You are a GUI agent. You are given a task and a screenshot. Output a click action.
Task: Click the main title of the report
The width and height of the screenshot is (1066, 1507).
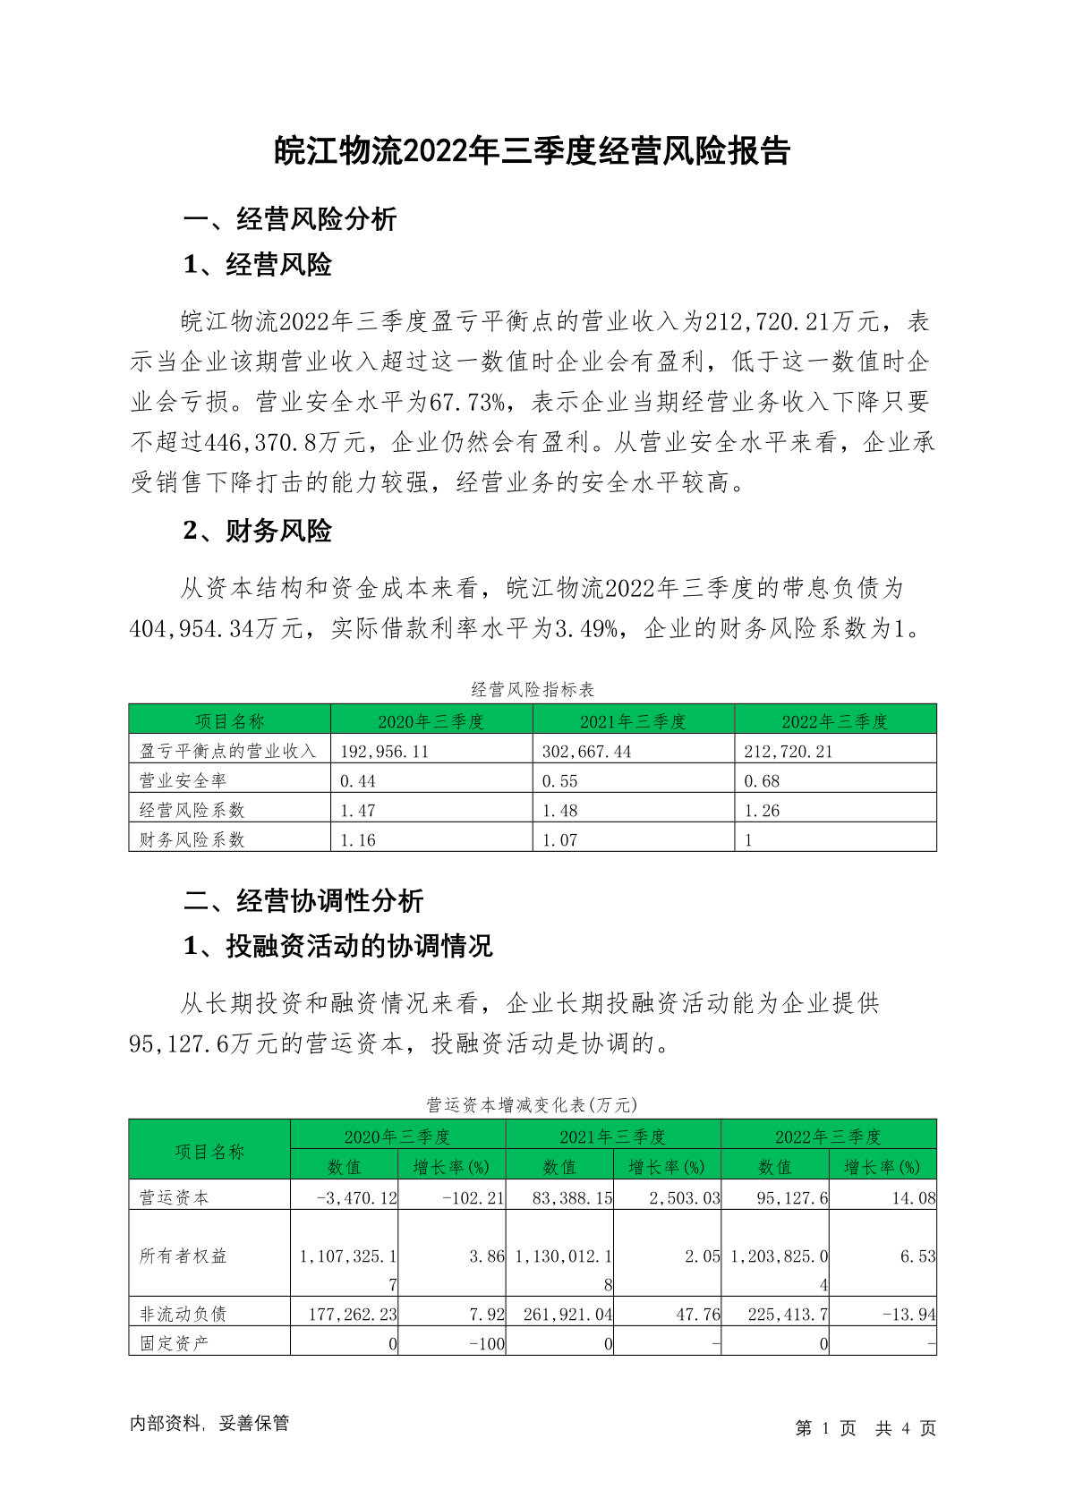(x=532, y=151)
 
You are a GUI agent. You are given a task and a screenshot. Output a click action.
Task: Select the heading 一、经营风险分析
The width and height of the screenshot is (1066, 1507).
(x=289, y=218)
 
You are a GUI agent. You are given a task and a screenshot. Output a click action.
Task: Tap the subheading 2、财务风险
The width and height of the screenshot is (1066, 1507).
(x=257, y=531)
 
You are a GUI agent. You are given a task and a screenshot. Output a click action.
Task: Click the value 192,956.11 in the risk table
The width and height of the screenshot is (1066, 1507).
(x=385, y=752)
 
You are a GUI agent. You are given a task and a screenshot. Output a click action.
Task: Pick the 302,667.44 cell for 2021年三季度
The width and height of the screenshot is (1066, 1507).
(x=586, y=752)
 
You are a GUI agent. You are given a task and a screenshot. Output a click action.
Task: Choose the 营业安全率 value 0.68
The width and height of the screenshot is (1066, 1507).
(x=762, y=781)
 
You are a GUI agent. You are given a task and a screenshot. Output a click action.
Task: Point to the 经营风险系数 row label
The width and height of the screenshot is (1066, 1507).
(x=192, y=810)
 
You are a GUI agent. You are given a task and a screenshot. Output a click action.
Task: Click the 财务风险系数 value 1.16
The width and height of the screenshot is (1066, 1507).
(x=358, y=840)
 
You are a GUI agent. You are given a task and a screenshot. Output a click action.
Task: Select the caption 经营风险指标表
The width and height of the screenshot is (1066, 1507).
(x=533, y=689)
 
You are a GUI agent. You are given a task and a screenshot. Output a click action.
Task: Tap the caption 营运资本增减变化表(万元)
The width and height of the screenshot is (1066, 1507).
(x=532, y=1104)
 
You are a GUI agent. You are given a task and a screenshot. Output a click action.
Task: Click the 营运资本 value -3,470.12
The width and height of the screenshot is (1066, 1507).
(x=356, y=1197)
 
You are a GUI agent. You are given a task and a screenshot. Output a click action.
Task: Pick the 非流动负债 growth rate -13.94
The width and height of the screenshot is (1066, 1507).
(x=908, y=1315)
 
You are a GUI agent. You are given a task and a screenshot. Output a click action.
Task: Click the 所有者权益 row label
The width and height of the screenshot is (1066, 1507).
(x=183, y=1256)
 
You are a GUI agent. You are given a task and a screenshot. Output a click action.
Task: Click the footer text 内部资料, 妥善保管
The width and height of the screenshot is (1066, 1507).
(x=209, y=1423)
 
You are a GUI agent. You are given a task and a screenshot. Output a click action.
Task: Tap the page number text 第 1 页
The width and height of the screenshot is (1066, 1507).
(x=825, y=1428)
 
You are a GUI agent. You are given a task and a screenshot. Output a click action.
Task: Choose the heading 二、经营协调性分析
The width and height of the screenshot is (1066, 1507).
(x=303, y=900)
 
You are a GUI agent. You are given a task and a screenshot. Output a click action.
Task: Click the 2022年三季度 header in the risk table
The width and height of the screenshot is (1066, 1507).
(x=834, y=721)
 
